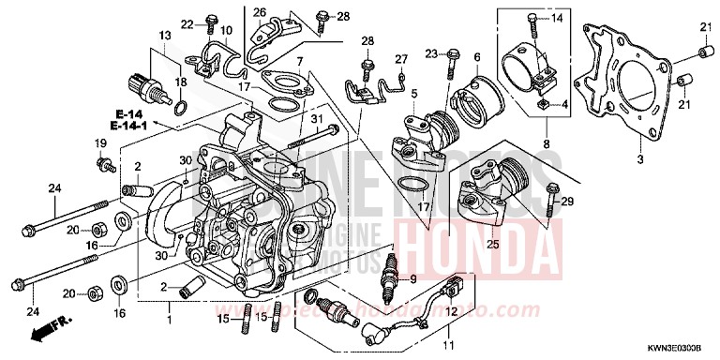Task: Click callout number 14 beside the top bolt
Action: tap(554, 19)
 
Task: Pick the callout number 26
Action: tap(260, 12)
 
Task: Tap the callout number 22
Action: tap(187, 23)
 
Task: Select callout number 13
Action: tap(165, 35)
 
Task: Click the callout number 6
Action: tap(476, 56)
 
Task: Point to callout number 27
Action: tap(400, 59)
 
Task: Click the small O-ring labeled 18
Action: tap(181, 102)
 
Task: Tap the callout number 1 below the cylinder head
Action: tap(170, 307)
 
